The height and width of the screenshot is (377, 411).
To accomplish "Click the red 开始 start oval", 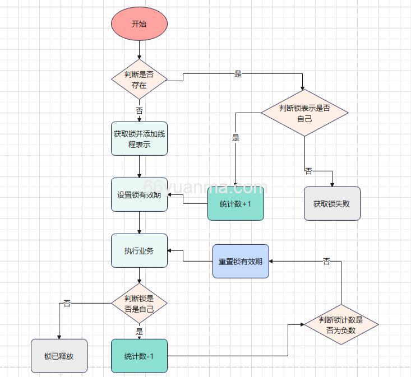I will tap(139, 24).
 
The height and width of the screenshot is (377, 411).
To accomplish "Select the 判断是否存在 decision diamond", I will tap(139, 81).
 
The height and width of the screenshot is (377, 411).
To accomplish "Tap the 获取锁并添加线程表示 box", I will tap(139, 138).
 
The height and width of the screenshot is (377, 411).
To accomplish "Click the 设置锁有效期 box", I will tap(139, 195).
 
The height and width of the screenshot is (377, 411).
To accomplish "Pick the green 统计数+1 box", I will tap(235, 204).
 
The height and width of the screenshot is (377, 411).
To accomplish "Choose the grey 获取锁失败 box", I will tap(332, 204).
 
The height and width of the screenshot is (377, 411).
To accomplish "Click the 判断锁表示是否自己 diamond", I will tap(304, 113).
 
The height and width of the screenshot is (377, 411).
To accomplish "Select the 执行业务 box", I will tap(139, 251).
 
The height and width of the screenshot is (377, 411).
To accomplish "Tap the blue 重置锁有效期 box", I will tap(241, 261).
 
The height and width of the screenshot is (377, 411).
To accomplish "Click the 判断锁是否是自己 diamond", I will tap(139, 303).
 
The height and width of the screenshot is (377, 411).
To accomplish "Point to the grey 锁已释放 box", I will tap(59, 356).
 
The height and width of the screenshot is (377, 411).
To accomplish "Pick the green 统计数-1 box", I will tap(139, 356).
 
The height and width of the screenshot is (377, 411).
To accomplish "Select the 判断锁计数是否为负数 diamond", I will tap(341, 325).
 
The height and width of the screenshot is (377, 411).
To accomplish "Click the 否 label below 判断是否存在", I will tap(139, 110).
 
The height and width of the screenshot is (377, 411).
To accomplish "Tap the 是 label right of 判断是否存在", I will tap(238, 74).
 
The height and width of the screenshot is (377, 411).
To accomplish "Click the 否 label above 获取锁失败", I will tap(309, 171).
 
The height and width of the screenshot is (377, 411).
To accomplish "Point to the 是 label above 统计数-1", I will tap(139, 332).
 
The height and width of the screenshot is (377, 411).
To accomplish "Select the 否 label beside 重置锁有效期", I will tap(326, 262).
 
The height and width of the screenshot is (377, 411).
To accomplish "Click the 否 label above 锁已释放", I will tap(67, 303).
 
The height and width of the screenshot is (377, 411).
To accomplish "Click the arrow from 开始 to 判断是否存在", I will tap(139, 50).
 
